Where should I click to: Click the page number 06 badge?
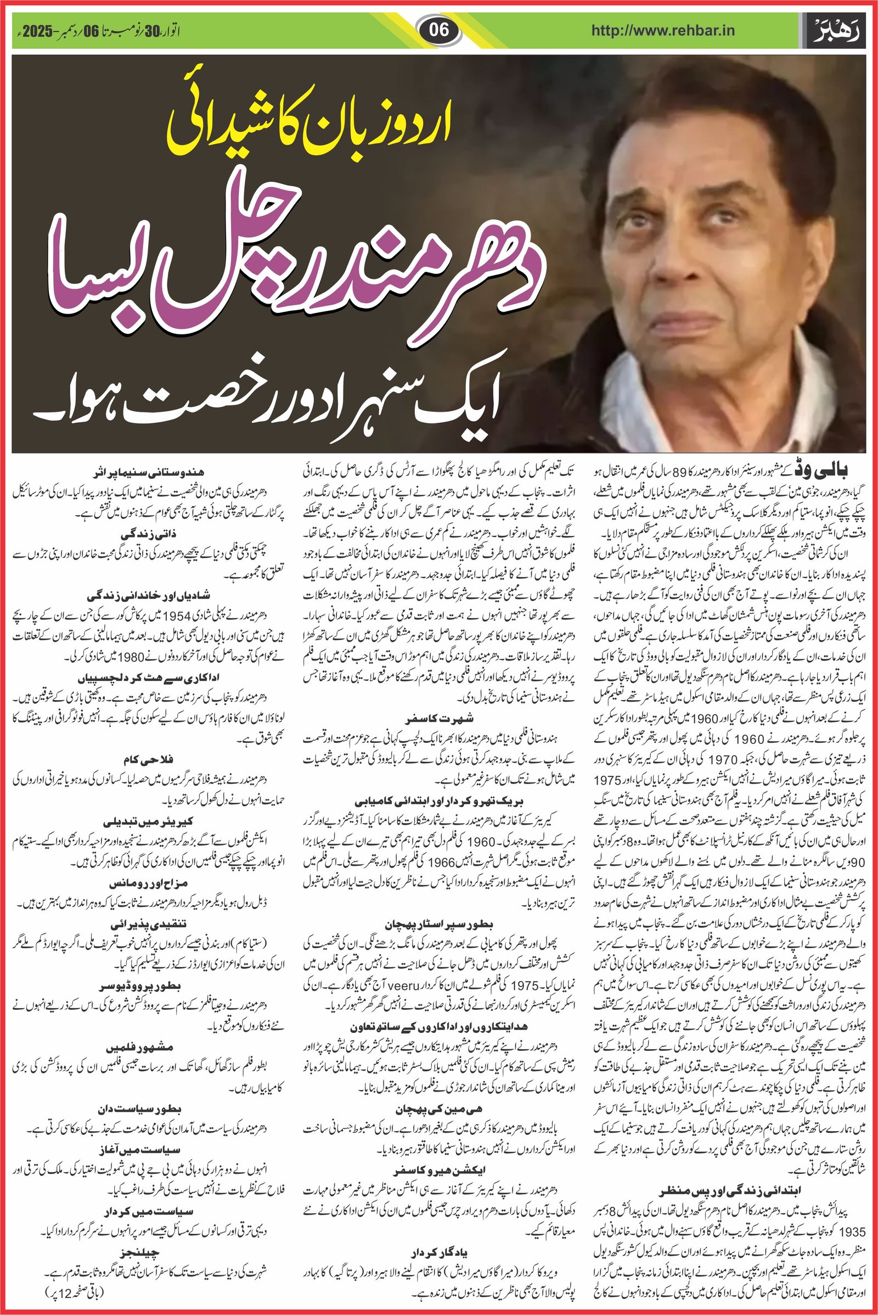click(x=440, y=30)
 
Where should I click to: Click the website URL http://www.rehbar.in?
click(x=663, y=31)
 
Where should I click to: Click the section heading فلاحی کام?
click(x=148, y=759)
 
